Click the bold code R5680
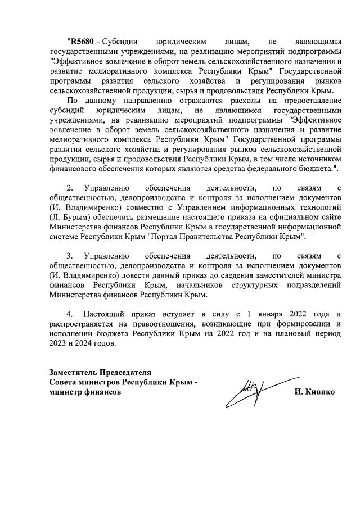[x=79, y=42]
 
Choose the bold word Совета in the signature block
[x=64, y=382]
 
